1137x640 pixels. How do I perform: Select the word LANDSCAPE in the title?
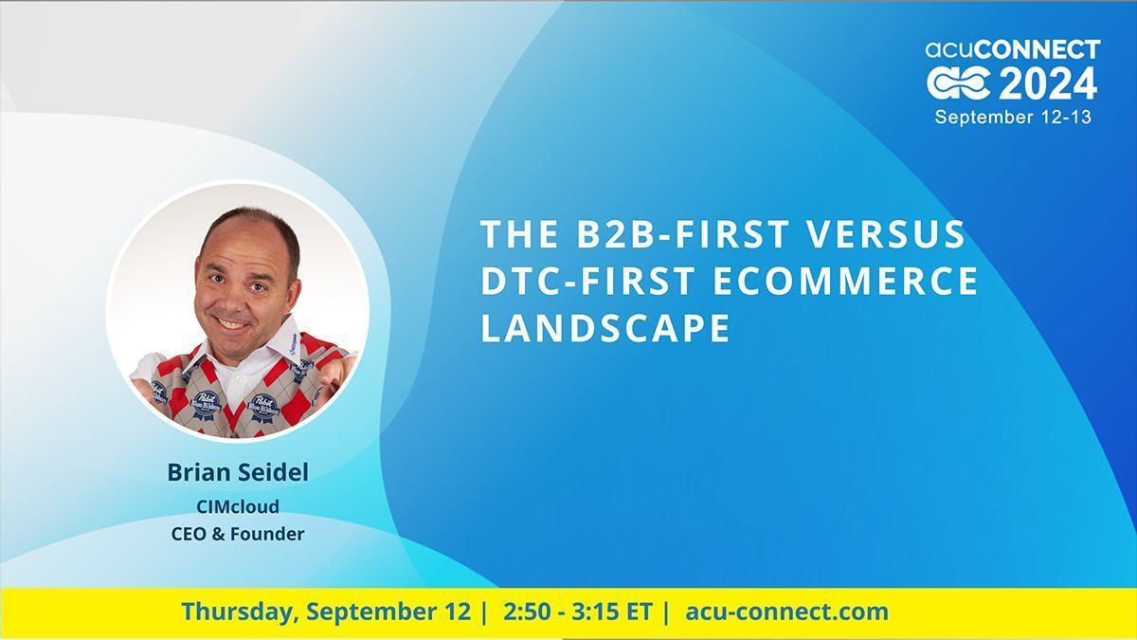tap(605, 328)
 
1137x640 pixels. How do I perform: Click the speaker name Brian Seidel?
tap(237, 472)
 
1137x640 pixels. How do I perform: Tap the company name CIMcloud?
tap(237, 506)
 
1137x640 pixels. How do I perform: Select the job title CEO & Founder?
tap(237, 534)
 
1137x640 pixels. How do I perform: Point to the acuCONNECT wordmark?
tap(1013, 49)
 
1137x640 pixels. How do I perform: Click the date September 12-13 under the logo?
tap(1013, 118)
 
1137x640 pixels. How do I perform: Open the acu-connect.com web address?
tap(786, 612)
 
